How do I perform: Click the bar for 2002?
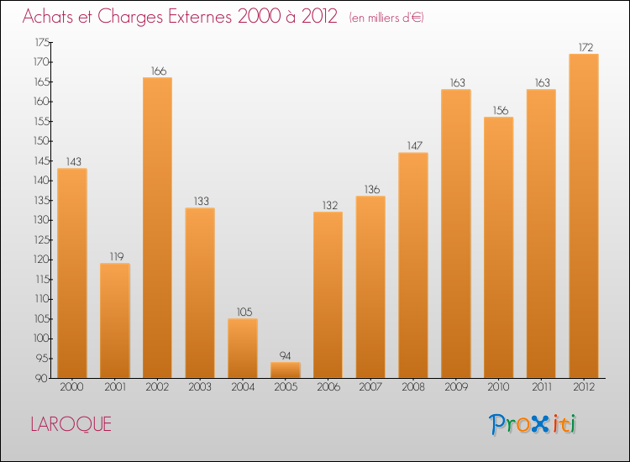pos(157,228)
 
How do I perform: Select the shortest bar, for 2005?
pos(285,370)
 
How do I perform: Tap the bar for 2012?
pos(583,216)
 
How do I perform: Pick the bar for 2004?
pos(243,348)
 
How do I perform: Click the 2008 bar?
pos(412,265)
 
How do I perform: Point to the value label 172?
pos(583,47)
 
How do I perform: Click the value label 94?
pos(285,355)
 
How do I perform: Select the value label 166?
pos(157,71)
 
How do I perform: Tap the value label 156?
pos(498,110)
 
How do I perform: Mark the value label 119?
pos(114,256)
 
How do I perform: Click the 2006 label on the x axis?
pos(328,388)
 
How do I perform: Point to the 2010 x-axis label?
pos(498,388)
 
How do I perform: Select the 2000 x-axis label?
pos(72,388)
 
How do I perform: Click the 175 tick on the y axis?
pos(41,42)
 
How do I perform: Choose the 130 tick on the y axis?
pos(41,220)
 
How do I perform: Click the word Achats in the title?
pos(51,17)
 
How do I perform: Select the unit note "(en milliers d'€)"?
pos(386,18)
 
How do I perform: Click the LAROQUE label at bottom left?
pos(71,424)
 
